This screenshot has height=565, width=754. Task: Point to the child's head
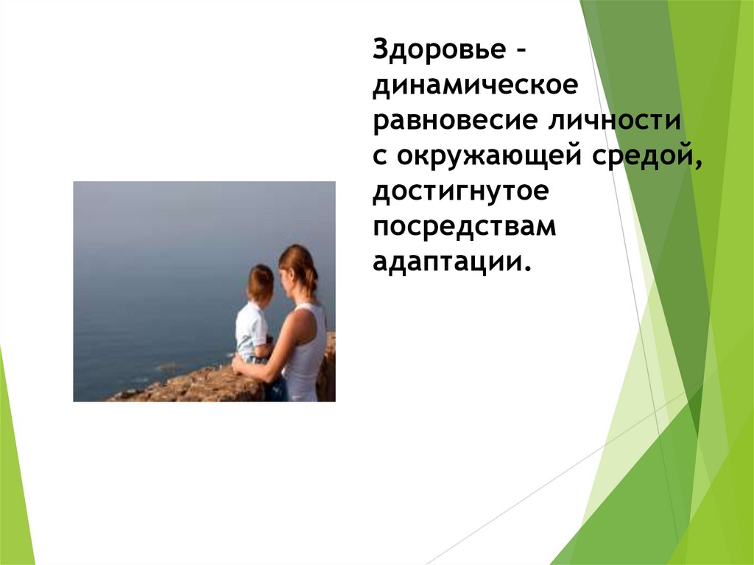point(260,282)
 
